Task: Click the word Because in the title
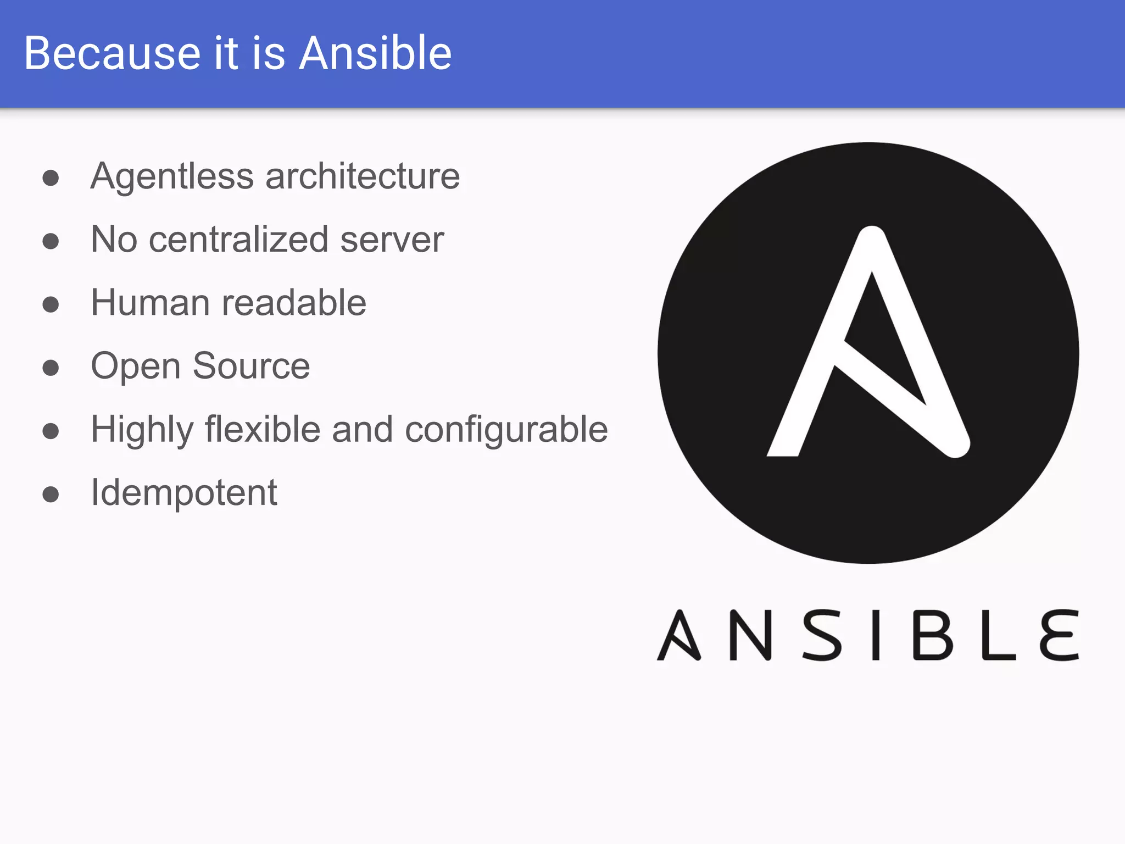pos(113,53)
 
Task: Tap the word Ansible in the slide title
pos(375,53)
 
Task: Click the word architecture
pos(363,177)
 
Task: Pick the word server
pos(392,240)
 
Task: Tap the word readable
pos(294,303)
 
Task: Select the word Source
pos(252,366)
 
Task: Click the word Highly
pos(142,430)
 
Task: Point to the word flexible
pos(263,429)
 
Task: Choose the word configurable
pos(506,430)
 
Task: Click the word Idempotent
pos(184,493)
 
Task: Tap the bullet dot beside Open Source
pos(51,368)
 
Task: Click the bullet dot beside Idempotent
pos(51,494)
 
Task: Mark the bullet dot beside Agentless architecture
pos(51,178)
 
